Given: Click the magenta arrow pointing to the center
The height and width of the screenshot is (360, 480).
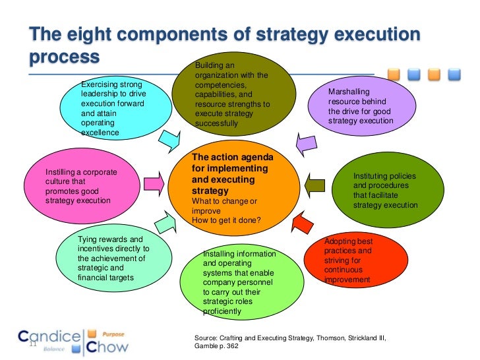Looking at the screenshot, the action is [156, 181].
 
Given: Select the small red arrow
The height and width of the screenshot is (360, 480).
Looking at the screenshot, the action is [302, 224].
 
